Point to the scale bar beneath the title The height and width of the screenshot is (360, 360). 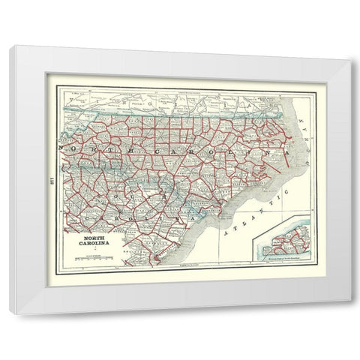tap(95, 259)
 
